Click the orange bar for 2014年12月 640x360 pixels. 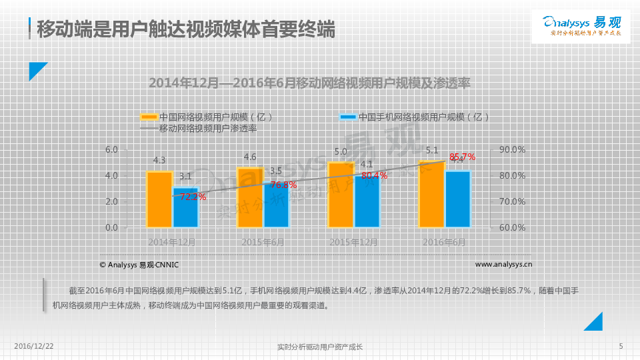tap(159, 199)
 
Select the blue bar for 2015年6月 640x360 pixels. tap(276, 205)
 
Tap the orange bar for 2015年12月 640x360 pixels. tap(341, 195)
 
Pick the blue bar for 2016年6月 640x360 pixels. tap(458, 199)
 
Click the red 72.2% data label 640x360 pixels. tap(193, 197)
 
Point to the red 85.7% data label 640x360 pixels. tap(462, 157)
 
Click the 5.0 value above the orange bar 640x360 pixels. tap(341, 152)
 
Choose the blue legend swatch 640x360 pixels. tap(347, 117)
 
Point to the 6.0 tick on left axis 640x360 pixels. tap(111, 150)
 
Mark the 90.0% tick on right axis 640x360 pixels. tap(511, 150)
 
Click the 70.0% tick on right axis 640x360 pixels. tap(511, 201)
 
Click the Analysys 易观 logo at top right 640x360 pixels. tap(581, 26)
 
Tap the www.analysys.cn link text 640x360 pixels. tap(503, 265)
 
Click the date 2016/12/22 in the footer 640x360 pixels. tap(34, 347)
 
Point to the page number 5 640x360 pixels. tap(621, 346)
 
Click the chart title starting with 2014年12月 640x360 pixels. tap(309, 83)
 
